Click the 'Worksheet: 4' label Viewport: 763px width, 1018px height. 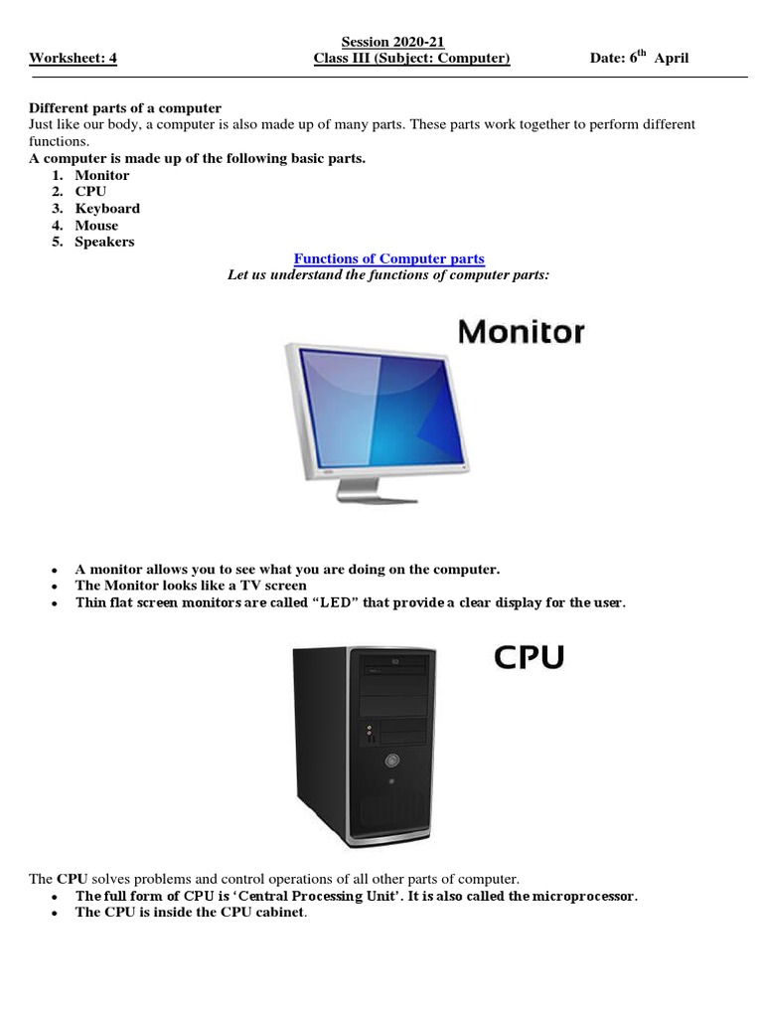pyautogui.click(x=73, y=59)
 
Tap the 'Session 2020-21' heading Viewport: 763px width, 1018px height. pyautogui.click(x=392, y=42)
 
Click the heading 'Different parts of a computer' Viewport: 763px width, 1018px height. pyautogui.click(x=124, y=107)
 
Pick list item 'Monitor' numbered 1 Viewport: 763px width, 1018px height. pyautogui.click(x=101, y=175)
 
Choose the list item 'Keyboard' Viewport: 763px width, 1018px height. pyautogui.click(x=107, y=209)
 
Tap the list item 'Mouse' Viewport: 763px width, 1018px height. pyautogui.click(x=96, y=226)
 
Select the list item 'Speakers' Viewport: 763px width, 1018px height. pyautogui.click(x=104, y=242)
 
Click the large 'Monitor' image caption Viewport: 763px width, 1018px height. pyautogui.click(x=521, y=332)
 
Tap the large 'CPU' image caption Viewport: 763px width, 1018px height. pyautogui.click(x=529, y=657)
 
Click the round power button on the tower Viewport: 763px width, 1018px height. pyautogui.click(x=391, y=763)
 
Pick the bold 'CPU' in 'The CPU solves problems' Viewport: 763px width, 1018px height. pyautogui.click(x=72, y=879)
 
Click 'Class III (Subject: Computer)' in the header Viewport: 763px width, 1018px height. pyautogui.click(x=411, y=59)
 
